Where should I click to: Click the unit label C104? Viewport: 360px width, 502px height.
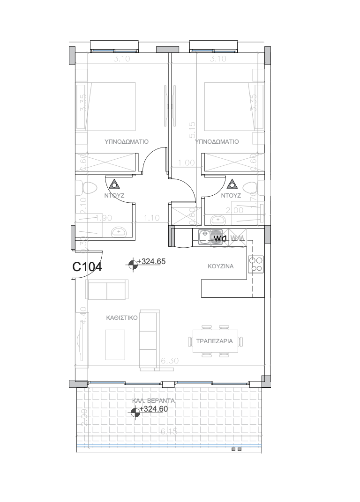[x=87, y=267]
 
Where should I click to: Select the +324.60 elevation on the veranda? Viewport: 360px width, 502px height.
[x=154, y=409]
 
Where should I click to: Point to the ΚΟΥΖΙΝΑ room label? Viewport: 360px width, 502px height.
[x=221, y=266]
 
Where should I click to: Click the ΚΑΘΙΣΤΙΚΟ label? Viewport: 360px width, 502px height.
[x=121, y=317]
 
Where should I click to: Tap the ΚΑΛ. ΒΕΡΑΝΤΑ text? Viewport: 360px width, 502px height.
[x=153, y=401]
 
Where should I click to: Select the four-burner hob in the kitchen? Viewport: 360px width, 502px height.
[x=256, y=264]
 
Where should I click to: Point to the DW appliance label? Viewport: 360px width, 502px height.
[x=220, y=238]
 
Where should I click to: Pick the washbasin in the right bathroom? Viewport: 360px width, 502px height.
[x=217, y=220]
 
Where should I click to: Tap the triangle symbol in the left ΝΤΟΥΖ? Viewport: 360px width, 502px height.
[x=114, y=183]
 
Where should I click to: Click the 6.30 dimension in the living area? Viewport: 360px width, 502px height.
[x=169, y=361]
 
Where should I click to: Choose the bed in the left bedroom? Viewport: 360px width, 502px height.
[x=112, y=105]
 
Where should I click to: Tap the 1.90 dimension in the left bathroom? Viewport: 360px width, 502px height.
[x=103, y=217]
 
